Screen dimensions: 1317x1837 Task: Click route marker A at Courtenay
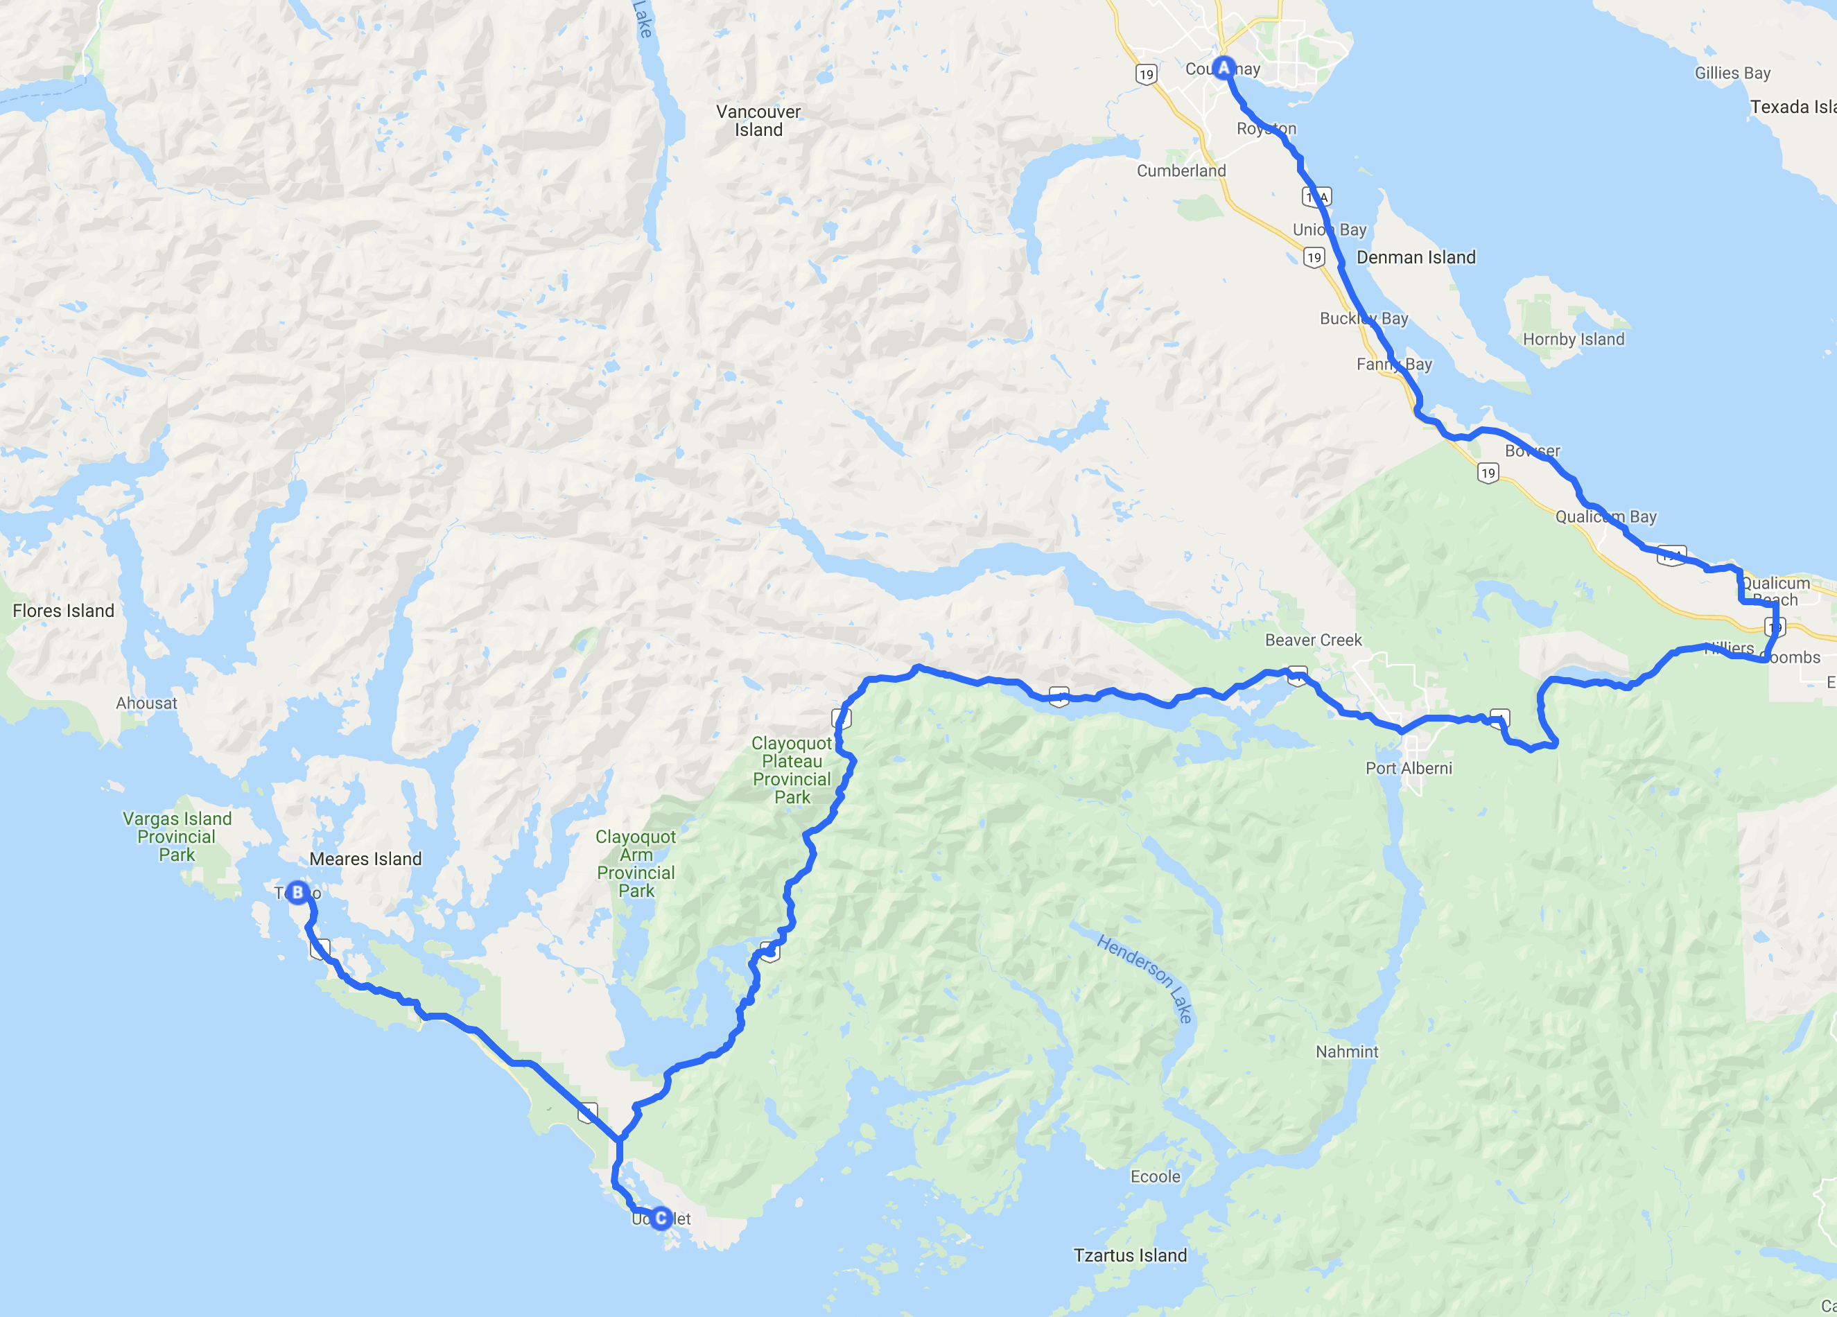(x=1223, y=68)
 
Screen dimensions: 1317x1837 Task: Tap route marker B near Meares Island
(x=297, y=893)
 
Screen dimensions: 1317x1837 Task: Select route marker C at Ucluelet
(x=661, y=1217)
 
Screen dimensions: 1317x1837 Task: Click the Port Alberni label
(x=1409, y=768)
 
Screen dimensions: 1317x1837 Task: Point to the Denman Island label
(x=1416, y=258)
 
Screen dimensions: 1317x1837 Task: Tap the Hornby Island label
(x=1573, y=340)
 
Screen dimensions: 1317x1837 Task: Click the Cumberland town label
(x=1181, y=171)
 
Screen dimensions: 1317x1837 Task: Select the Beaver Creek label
(x=1313, y=640)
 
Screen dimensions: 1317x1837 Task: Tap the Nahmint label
(x=1346, y=1052)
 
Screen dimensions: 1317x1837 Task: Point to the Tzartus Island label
(x=1130, y=1255)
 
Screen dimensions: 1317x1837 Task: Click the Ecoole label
(x=1155, y=1176)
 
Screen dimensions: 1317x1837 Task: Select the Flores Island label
(x=63, y=611)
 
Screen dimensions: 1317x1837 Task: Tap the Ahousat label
(x=146, y=703)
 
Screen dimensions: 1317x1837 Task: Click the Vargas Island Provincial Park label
(x=177, y=837)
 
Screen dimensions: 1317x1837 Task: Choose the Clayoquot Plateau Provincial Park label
(x=792, y=769)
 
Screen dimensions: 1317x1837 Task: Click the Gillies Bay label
(x=1732, y=73)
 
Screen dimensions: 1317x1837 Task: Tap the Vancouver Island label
(x=758, y=121)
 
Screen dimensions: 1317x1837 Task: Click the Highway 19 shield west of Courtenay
(x=1145, y=75)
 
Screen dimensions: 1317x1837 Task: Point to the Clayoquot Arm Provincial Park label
(x=636, y=864)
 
